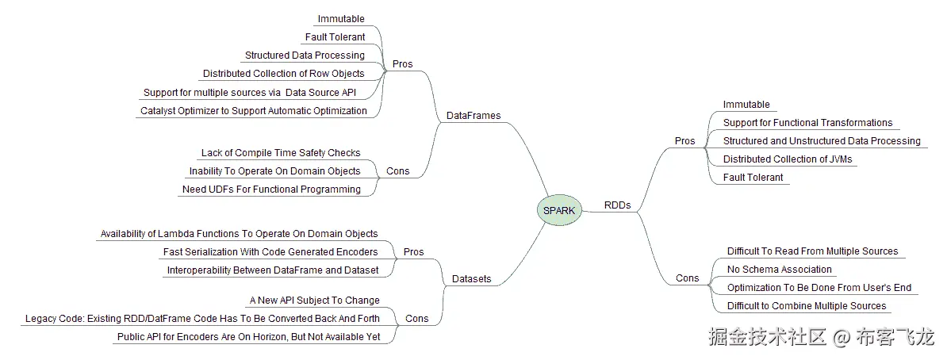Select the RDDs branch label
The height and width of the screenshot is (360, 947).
pyautogui.click(x=617, y=205)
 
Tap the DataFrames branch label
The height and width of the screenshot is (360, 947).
pyautogui.click(x=473, y=116)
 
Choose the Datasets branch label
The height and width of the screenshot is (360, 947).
pyautogui.click(x=471, y=279)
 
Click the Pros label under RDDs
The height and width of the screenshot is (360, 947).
pyautogui.click(x=684, y=141)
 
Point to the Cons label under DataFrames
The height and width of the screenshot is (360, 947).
pyautogui.click(x=397, y=171)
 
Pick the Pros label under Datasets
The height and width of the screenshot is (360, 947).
pyautogui.click(x=413, y=252)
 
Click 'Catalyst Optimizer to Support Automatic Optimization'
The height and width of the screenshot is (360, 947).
pyautogui.click(x=254, y=111)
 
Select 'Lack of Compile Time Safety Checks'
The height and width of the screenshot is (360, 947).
pyautogui.click(x=281, y=153)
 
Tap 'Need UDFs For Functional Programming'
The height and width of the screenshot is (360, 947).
pyautogui.click(x=271, y=190)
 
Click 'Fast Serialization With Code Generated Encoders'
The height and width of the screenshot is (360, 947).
pyautogui.click(x=270, y=252)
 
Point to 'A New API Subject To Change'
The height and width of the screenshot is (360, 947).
pyautogui.click(x=314, y=301)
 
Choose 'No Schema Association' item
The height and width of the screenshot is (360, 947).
pyautogui.click(x=779, y=270)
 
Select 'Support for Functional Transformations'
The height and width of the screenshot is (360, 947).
pyautogui.click(x=807, y=123)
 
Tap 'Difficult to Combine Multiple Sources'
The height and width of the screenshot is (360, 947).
pyautogui.click(x=807, y=306)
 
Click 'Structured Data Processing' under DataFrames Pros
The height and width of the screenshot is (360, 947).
pyautogui.click(x=305, y=56)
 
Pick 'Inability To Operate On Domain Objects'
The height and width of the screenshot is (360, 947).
pyautogui.click(x=274, y=171)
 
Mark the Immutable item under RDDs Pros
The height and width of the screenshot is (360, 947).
pyautogui.click(x=746, y=105)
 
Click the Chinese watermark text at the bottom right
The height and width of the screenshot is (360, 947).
pyautogui.click(x=821, y=338)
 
